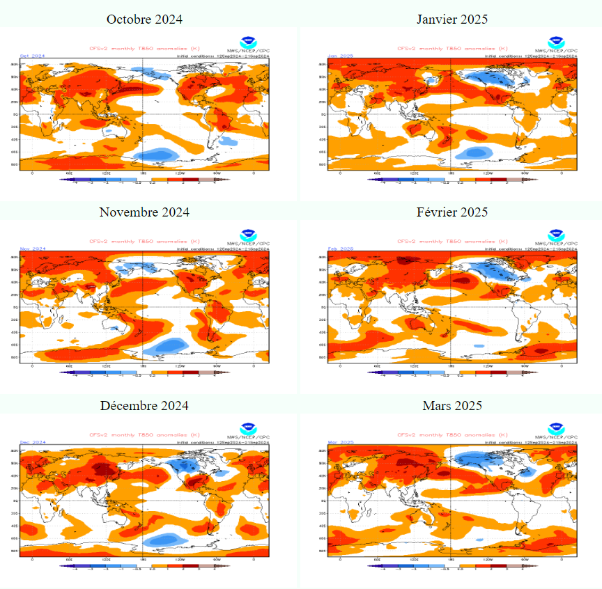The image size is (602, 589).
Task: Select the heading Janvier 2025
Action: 452,19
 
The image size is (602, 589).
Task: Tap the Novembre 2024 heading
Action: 144,212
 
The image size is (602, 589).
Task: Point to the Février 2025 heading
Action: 452,212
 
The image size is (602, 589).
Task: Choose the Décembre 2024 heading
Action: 144,405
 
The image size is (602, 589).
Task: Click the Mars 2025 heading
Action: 452,405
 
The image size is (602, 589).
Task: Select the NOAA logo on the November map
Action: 247,235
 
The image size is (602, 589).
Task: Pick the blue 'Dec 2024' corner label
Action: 33,442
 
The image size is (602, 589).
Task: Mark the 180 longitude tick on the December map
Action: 144,559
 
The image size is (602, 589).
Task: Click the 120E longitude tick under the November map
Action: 106,366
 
